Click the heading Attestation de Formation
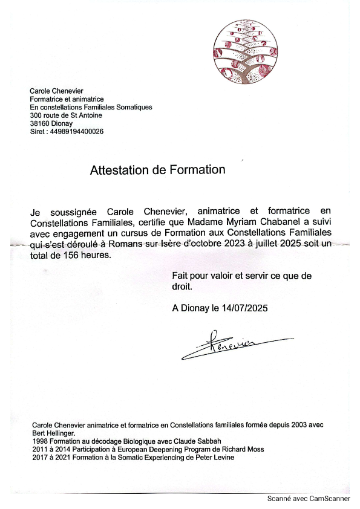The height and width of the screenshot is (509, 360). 157,170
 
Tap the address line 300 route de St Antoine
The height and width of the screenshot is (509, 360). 66,115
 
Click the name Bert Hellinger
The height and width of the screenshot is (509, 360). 53,433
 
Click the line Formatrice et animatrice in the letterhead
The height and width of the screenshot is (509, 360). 67,99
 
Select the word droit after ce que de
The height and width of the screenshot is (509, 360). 183,287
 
